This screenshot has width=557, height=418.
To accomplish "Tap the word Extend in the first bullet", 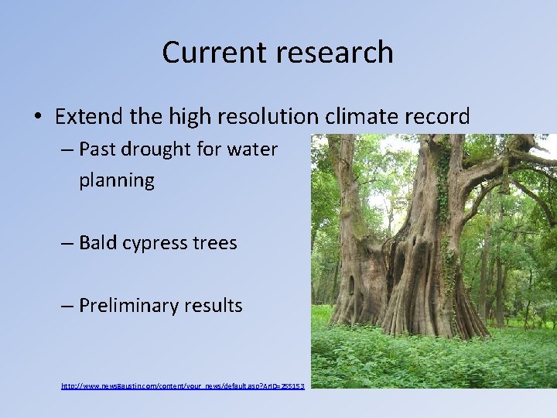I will coord(84,117).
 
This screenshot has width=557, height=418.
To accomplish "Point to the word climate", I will coord(358,117).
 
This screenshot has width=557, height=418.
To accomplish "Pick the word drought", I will coord(159,149).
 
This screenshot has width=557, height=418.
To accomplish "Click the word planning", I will coord(116,181).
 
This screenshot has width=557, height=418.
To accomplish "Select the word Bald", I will coord(98,242).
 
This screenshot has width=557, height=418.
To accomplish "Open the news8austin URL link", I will coord(183,385).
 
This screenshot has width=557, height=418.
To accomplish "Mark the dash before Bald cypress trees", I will coord(67,243).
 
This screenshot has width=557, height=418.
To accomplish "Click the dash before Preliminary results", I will coord(67,307).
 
